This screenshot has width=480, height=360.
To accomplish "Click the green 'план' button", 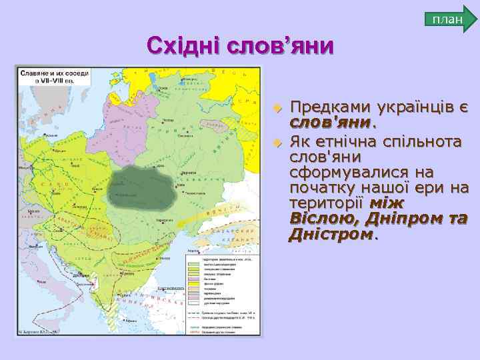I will (448, 19).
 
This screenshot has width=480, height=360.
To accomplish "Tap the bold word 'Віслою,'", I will (320, 219).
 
